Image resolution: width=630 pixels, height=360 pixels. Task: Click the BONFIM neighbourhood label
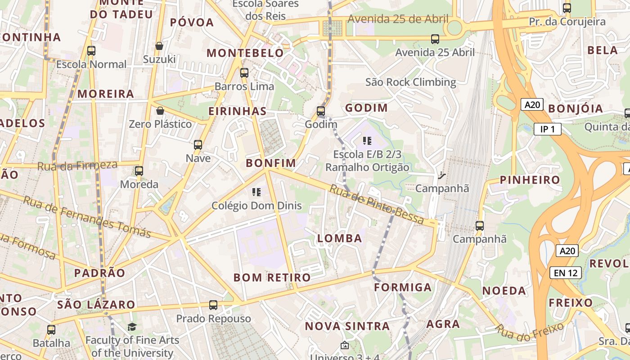pos(271,163)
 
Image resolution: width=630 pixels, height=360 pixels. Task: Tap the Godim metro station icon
pos(321,111)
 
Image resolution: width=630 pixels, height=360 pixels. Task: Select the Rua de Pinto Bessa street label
pos(377,204)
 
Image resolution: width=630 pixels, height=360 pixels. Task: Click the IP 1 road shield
pos(548,130)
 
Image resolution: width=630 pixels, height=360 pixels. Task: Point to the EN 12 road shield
pos(565,272)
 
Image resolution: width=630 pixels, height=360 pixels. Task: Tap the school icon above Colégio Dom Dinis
pos(256,193)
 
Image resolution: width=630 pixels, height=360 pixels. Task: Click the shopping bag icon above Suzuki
pos(159,46)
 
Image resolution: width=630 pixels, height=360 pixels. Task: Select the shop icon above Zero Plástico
pos(160,111)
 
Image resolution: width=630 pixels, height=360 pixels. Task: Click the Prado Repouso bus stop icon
pos(213,305)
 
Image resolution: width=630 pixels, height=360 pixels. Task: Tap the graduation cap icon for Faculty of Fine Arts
pos(132,327)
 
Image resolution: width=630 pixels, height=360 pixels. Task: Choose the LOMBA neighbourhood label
pos(340,238)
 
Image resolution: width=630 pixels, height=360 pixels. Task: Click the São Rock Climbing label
pos(410,82)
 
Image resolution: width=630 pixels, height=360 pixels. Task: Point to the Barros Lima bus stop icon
pos(244,72)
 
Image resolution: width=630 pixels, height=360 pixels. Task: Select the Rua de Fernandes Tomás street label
pos(86,216)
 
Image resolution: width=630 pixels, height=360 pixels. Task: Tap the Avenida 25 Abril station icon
pos(435,39)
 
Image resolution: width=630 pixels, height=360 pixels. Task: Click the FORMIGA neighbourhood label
pos(403,287)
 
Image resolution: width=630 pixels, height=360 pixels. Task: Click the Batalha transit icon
pos(51,329)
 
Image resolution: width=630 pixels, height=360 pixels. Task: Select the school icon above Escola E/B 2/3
pos(367,141)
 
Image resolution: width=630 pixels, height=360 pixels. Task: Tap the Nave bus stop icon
pos(198,145)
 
